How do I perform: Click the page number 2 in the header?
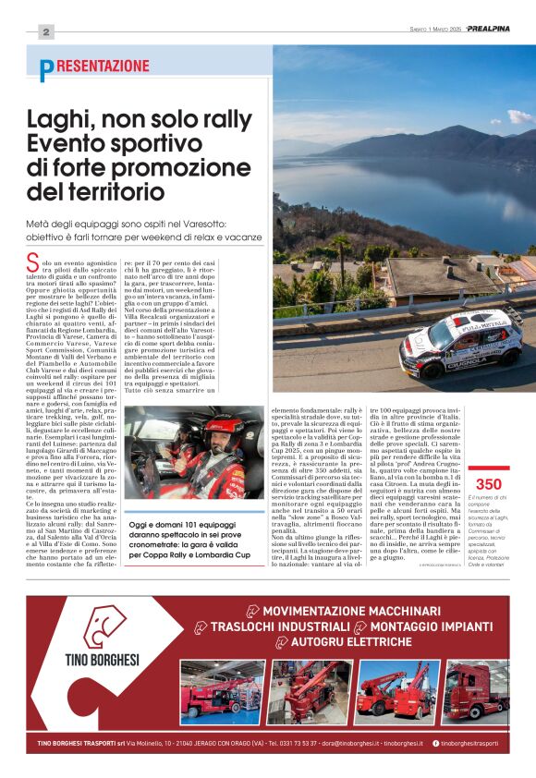coord(44,31)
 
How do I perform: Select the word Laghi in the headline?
coord(58,121)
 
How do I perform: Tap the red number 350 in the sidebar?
coord(487,484)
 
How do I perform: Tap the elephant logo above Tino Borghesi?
coord(104,626)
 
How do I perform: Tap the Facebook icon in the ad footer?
coord(435,743)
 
